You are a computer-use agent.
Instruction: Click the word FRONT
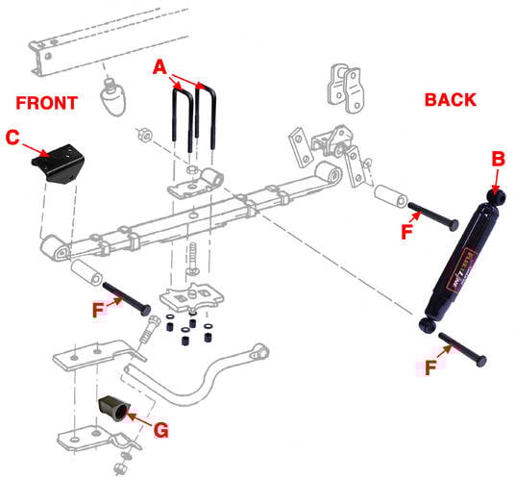click(x=46, y=102)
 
